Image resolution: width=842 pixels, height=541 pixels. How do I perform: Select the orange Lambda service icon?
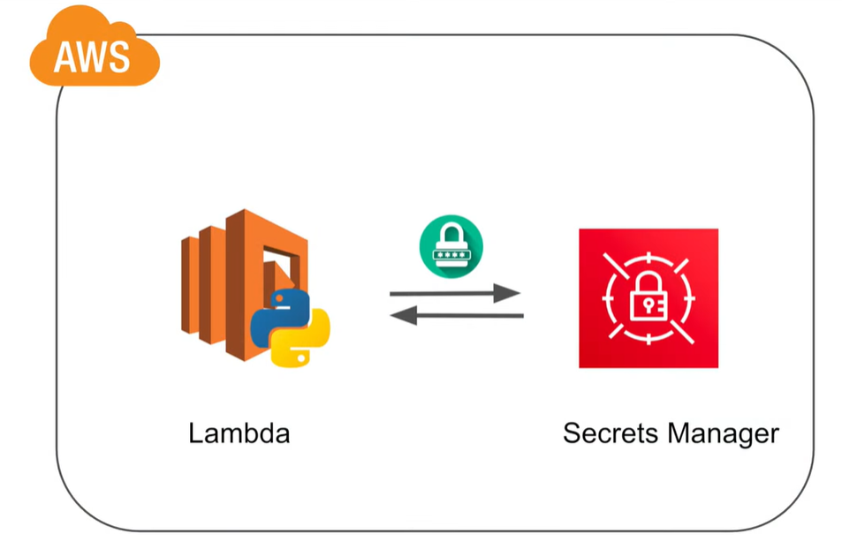[x=247, y=282]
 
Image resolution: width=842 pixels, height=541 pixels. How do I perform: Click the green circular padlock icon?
[x=451, y=244]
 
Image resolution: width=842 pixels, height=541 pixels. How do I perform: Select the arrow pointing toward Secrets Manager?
[x=455, y=293]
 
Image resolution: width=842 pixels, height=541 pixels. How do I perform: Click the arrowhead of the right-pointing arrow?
[x=508, y=293]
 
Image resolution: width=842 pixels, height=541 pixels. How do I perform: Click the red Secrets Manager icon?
[x=649, y=298]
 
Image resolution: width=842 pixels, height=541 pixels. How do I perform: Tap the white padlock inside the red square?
[x=649, y=301]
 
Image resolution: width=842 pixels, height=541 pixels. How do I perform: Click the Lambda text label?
[x=239, y=434]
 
